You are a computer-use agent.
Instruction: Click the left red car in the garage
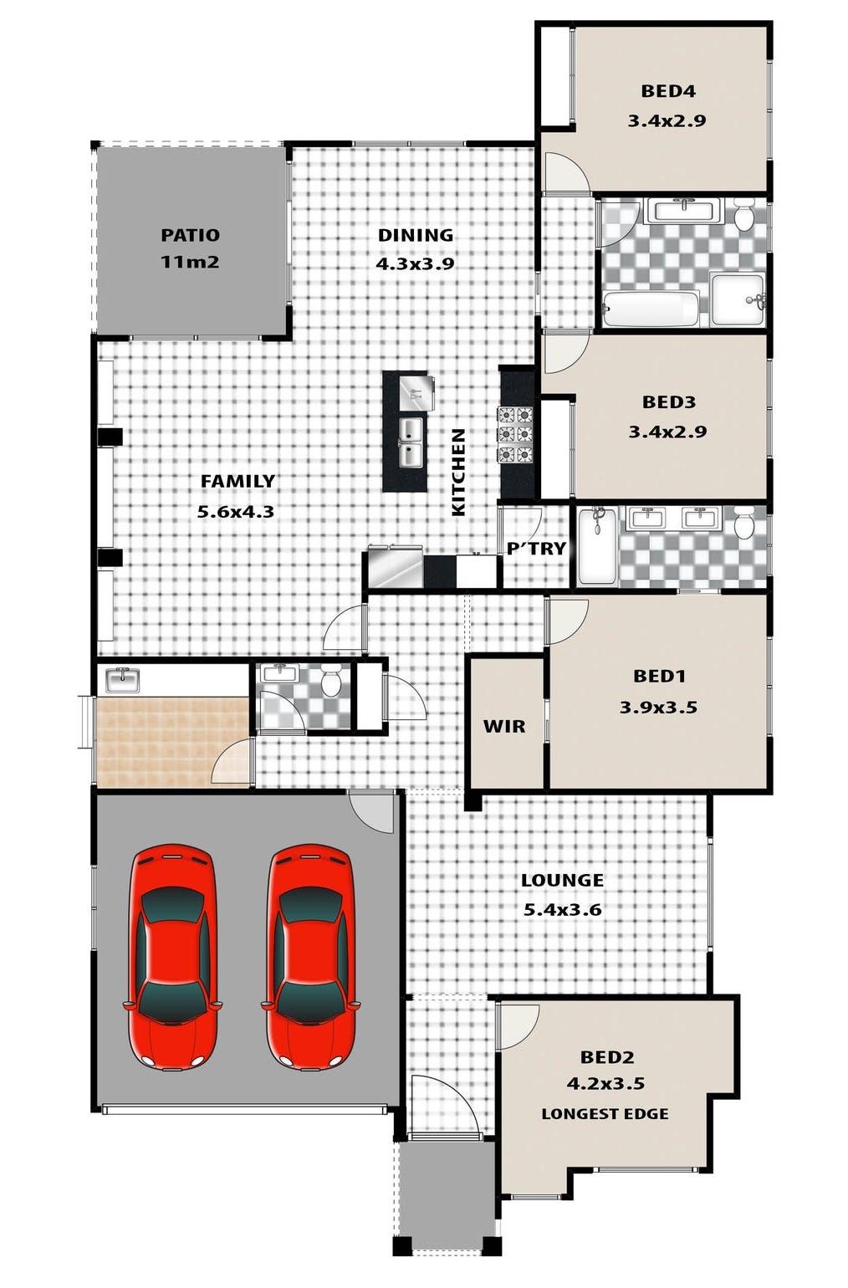coord(171,957)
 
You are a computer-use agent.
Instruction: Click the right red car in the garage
coord(309,957)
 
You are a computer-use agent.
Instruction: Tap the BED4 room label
coord(667,91)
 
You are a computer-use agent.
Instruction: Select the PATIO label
coord(190,235)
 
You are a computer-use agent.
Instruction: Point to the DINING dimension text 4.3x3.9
coord(415,264)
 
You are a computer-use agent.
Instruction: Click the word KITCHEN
coord(458,472)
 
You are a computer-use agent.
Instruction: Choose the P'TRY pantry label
coord(536,549)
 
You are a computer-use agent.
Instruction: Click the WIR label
coord(504,726)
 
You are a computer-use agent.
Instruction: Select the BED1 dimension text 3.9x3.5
coord(658,708)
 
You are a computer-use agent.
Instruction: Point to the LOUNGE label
coord(562,880)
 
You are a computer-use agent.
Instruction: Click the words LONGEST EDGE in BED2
coord(605,1114)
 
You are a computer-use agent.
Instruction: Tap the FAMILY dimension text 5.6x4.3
coord(236,511)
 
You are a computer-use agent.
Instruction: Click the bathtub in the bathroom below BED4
coord(651,309)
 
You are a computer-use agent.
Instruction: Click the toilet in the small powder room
coord(331,681)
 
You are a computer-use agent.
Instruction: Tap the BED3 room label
coord(668,401)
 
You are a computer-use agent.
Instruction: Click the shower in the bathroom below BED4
coord(738,299)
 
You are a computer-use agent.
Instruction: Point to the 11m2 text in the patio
coord(190,262)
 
